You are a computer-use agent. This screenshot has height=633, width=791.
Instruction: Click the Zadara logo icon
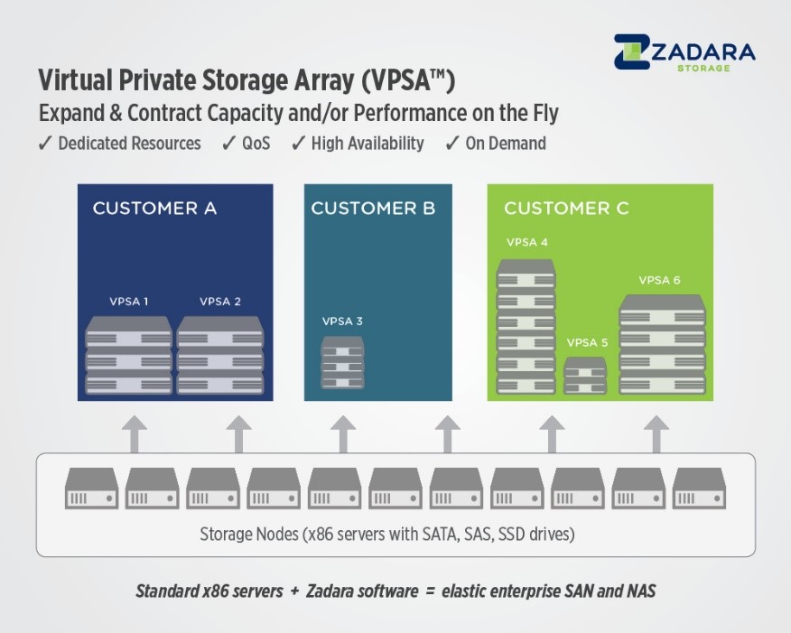(x=632, y=51)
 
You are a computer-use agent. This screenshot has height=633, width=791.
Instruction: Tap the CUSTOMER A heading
(x=154, y=209)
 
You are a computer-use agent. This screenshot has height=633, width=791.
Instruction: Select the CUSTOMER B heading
(x=373, y=209)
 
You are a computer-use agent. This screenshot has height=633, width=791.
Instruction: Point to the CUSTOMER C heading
(x=566, y=209)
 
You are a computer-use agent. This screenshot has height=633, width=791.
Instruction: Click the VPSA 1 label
(x=128, y=302)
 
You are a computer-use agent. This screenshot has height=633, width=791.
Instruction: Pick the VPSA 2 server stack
(x=220, y=355)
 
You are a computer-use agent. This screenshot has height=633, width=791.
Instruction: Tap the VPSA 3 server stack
(x=342, y=363)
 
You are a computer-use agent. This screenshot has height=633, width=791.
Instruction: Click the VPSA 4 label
(x=526, y=242)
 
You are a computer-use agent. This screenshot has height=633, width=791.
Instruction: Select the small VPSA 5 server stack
(x=585, y=376)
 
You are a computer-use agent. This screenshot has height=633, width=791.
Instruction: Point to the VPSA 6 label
(x=659, y=280)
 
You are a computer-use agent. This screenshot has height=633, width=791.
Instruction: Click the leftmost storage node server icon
(x=91, y=488)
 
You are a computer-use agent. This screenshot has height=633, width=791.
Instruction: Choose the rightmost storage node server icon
(x=699, y=488)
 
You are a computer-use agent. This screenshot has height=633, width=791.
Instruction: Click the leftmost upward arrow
(x=135, y=434)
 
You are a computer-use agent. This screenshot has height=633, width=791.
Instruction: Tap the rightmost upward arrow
(x=656, y=434)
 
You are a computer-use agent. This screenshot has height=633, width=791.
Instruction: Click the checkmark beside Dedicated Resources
(x=45, y=144)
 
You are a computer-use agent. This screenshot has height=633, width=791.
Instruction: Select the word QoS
(x=256, y=144)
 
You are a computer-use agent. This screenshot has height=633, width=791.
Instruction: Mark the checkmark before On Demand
(x=451, y=144)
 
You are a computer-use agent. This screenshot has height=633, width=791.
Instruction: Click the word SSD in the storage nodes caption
(x=512, y=534)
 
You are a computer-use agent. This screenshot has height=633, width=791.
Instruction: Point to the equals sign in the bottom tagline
(x=430, y=591)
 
